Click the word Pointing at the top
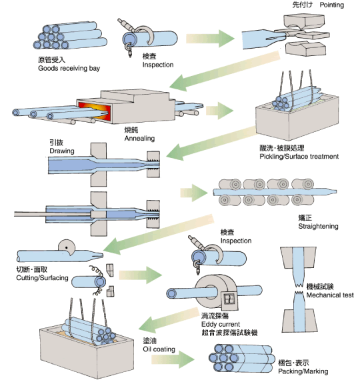(331, 5)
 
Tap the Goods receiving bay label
(69, 69)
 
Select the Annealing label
(139, 139)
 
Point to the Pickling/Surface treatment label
(299, 157)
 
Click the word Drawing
(62, 151)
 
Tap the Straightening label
(318, 227)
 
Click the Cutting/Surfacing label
(42, 278)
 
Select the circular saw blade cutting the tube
(67, 247)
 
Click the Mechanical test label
(330, 295)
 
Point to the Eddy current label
(221, 324)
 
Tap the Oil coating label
(159, 349)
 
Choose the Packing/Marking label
(303, 371)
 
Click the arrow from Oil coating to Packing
(173, 359)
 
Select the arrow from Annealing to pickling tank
(219, 111)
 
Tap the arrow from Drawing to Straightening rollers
(194, 193)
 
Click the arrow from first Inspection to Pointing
(210, 38)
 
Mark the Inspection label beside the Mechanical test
(235, 241)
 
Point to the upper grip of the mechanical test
(299, 257)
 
